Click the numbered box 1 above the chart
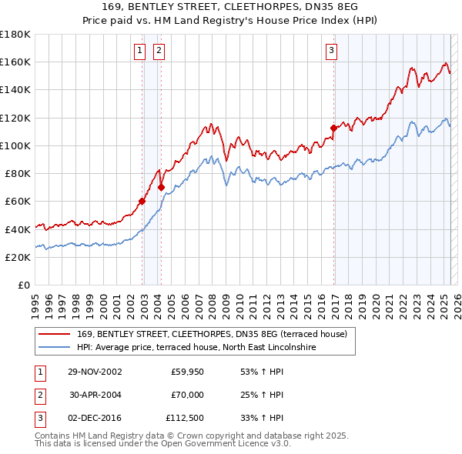(140, 52)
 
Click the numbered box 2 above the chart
(159, 52)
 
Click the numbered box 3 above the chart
(331, 52)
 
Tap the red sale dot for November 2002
(142, 202)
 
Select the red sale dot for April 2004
(162, 187)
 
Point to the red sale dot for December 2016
(333, 128)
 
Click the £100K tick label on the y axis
(15, 145)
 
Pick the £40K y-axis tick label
(17, 229)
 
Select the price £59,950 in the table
(187, 372)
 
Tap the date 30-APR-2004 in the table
(95, 395)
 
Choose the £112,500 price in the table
(184, 418)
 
